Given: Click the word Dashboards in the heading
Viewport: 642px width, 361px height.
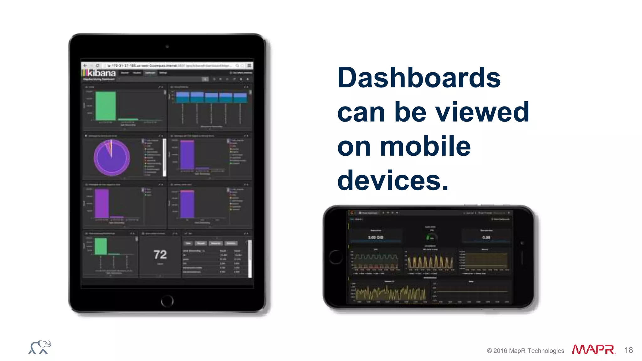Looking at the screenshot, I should tap(419, 78).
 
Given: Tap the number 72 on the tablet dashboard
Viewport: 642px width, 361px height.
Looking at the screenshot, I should tap(160, 254).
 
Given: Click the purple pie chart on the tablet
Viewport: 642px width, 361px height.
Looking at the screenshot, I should tap(112, 157).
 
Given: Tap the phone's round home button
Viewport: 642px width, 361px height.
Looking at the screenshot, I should tap(336, 257).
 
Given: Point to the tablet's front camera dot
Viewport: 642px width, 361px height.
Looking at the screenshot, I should tap(167, 47).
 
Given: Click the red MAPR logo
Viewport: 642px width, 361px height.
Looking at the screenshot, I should tap(593, 350).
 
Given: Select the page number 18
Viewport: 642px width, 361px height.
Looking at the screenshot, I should tap(629, 350).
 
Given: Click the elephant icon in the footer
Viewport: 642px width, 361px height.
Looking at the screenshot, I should tap(40, 347).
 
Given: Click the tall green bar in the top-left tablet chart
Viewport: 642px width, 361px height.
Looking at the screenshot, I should tap(105, 106).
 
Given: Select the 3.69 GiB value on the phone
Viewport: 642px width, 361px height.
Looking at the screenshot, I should tap(375, 238).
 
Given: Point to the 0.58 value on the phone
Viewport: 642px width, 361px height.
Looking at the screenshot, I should tap(486, 238).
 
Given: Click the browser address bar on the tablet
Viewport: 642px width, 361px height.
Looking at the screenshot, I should tap(169, 65).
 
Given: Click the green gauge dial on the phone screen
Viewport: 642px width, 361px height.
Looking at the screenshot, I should tap(431, 238).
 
